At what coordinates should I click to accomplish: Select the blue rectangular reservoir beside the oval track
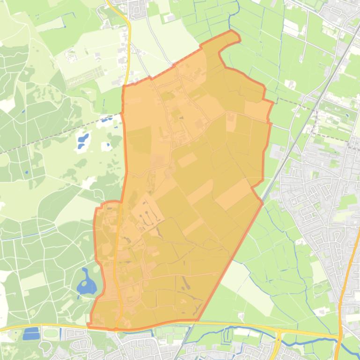31,333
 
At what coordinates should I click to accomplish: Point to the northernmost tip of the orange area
232,31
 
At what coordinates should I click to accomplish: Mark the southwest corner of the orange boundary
88,325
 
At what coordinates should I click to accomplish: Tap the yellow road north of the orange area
127,47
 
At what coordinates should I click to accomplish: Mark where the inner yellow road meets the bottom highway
120,327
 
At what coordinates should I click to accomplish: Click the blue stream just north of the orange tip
229,19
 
